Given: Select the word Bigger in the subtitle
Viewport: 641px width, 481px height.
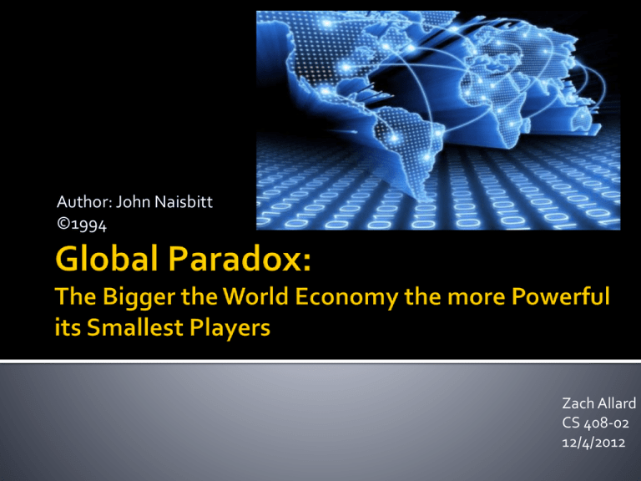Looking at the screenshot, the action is click(139, 298).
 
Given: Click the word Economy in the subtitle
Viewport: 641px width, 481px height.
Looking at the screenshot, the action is click(346, 298).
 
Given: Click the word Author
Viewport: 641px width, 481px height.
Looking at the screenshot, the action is click(84, 201).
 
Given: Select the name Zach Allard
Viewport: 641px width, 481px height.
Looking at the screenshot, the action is click(599, 403).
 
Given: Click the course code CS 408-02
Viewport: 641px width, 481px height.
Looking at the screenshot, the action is click(595, 423).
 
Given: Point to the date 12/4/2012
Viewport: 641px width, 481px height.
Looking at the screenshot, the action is click(593, 443).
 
